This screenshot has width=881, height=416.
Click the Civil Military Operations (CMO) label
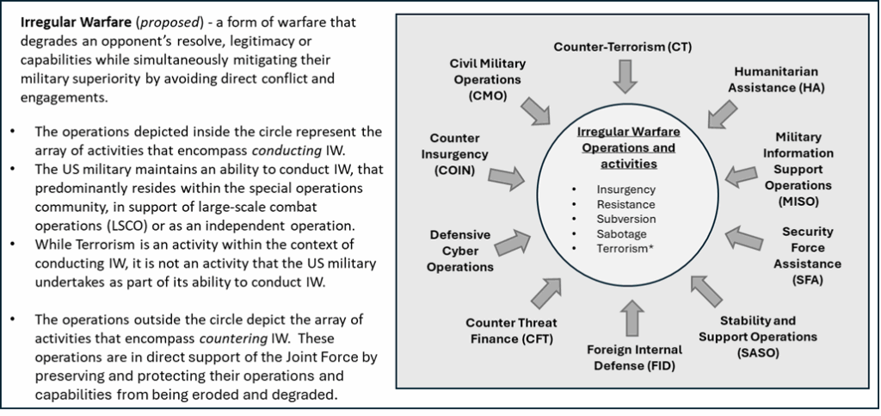tap(488, 79)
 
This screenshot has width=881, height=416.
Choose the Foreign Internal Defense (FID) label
tap(634, 358)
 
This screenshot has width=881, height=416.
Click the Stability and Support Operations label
tap(756, 328)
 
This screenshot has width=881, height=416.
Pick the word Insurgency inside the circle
tap(625, 189)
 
